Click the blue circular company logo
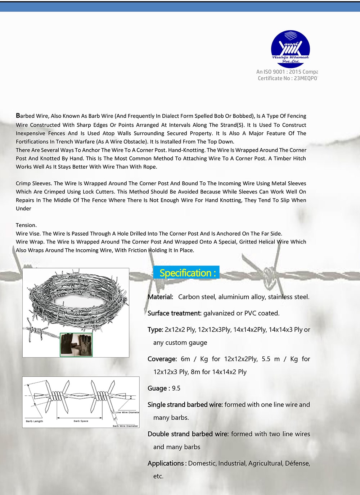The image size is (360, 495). (290, 49)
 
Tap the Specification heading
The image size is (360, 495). (186, 273)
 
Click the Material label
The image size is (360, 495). (160, 297)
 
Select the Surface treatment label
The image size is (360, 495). (174, 313)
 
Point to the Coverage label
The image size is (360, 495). (162, 359)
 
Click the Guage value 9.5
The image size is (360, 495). (176, 388)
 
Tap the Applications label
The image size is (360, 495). (167, 463)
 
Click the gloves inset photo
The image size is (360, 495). (76, 345)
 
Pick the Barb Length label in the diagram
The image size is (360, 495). (34, 421)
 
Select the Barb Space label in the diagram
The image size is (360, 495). (81, 421)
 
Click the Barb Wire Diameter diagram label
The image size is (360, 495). (125, 426)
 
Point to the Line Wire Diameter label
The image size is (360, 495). (127, 412)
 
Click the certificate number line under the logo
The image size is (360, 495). (288, 78)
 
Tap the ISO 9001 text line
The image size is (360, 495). (287, 72)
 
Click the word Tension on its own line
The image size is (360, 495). (26, 225)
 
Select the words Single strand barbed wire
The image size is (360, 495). (185, 404)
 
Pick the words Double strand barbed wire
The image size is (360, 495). (188, 434)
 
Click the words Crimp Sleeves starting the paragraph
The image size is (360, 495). (33, 183)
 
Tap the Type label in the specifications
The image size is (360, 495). (155, 330)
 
